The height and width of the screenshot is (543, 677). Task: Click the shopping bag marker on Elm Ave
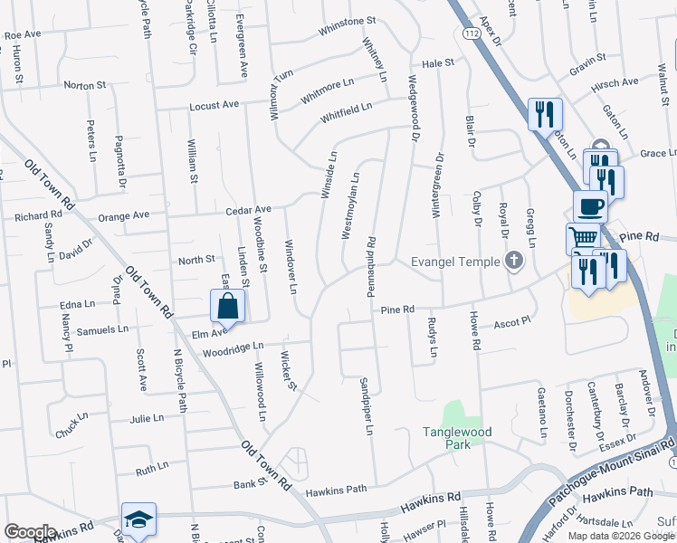point(228,306)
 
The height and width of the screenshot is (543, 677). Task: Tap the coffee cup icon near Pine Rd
point(590,205)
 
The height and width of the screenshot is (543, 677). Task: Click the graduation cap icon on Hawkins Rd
point(138,519)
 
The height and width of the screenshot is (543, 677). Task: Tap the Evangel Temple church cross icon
point(514,262)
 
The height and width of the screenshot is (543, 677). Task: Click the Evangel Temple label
point(456,262)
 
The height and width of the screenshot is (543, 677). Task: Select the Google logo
point(30,532)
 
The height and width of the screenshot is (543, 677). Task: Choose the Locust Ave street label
point(214,106)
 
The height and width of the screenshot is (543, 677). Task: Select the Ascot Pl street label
point(511,321)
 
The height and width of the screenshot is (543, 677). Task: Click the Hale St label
point(437,63)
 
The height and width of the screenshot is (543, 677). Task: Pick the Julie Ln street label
point(147,419)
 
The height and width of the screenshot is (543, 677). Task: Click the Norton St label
point(85,85)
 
